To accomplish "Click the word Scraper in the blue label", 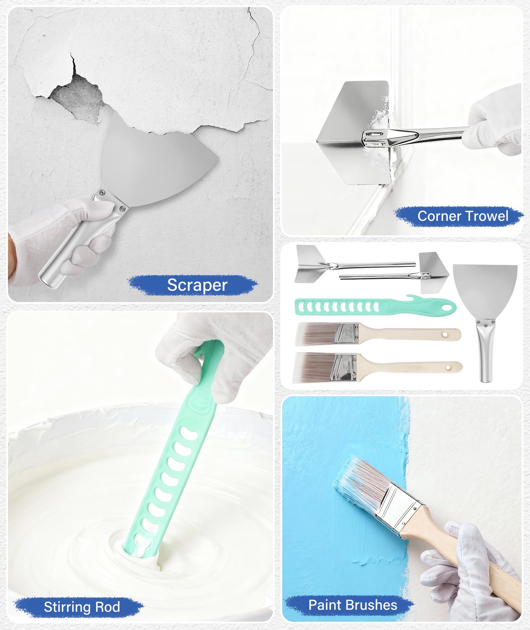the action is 197,285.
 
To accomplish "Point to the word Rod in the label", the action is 107,607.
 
